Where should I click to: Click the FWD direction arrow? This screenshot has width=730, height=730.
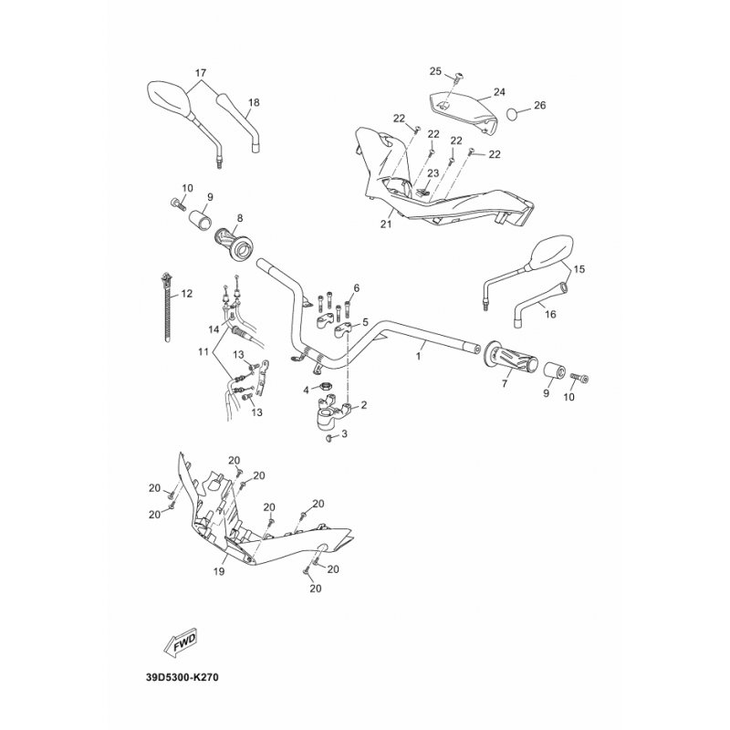181,643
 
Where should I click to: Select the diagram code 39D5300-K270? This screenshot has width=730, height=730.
182,677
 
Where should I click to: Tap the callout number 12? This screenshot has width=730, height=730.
186,294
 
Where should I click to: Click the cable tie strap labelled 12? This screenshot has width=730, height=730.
167,308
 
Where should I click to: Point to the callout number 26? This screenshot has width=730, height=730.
539,105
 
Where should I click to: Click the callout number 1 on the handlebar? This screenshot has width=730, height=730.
418,356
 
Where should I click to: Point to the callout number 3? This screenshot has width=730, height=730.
344,434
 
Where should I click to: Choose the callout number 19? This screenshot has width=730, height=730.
219,571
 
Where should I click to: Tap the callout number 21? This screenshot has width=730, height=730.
386,224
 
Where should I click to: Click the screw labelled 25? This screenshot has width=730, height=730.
454,78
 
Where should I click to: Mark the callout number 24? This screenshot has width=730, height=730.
499,92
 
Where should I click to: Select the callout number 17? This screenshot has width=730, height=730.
200,73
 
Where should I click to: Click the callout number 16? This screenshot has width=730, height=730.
550,314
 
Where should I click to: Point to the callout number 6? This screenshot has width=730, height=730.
357,288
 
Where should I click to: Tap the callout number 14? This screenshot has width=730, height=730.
214,329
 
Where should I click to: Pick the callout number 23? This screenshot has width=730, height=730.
433,173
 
